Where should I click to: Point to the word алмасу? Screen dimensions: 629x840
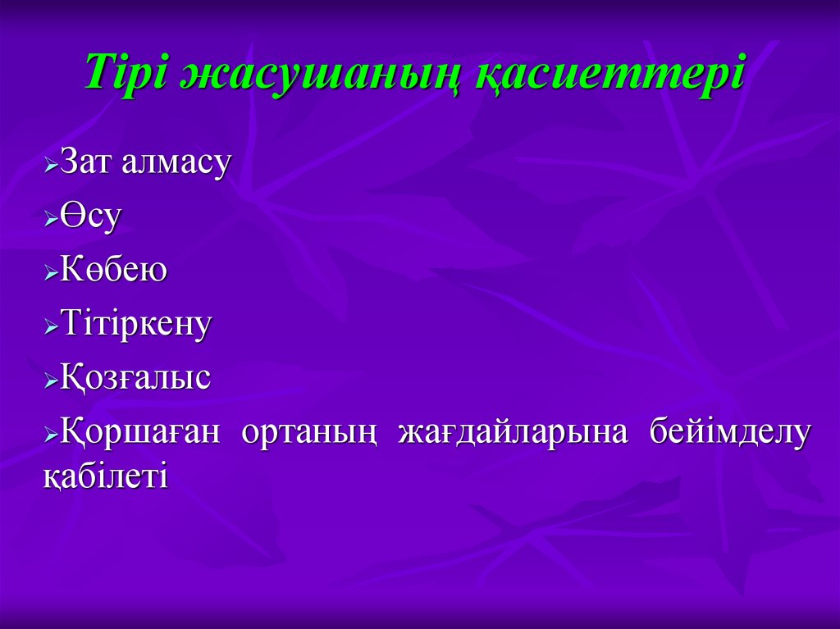pyautogui.click(x=176, y=162)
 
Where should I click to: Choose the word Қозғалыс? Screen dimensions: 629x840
pyautogui.click(x=135, y=378)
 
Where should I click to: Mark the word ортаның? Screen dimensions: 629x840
pyautogui.click(x=308, y=432)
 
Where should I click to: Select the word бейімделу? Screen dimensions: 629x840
pyautogui.click(x=729, y=432)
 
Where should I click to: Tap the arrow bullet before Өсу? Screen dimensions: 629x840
pyautogui.click(x=50, y=220)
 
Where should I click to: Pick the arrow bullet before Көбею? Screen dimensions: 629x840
pyautogui.click(x=50, y=274)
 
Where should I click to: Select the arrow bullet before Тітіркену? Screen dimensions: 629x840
pyautogui.click(x=50, y=327)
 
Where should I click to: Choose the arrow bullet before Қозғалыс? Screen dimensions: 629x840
pyautogui.click(x=50, y=382)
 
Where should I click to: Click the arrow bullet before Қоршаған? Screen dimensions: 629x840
pyautogui.click(x=50, y=435)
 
